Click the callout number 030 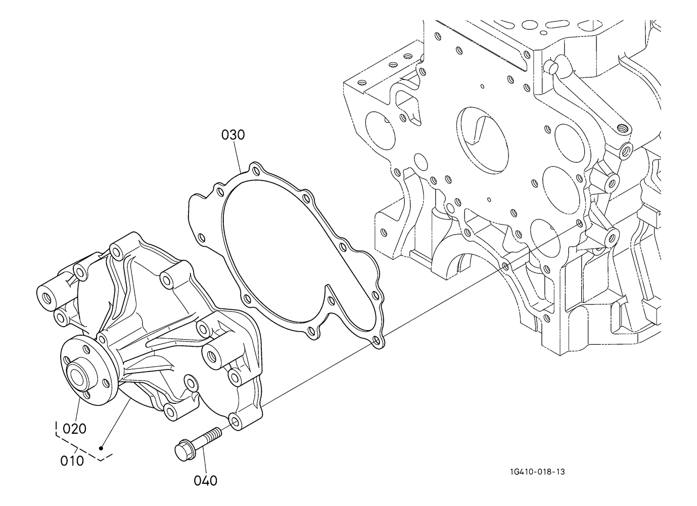[x=233, y=135]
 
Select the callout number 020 [x=74, y=429]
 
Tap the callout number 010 [x=72, y=461]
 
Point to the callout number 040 [x=205, y=481]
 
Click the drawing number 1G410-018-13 [x=537, y=472]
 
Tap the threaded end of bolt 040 [x=215, y=433]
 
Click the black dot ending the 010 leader [x=101, y=448]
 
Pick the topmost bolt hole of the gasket [x=256, y=171]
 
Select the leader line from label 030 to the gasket [x=239, y=156]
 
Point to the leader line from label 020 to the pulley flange [x=77, y=411]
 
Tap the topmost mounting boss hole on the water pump [x=117, y=251]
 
